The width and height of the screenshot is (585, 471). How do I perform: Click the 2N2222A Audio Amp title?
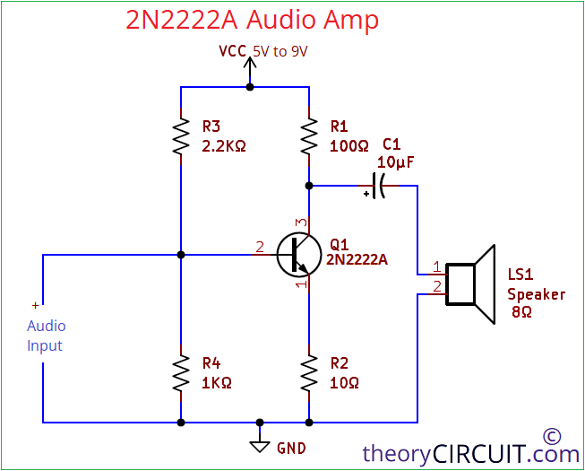[x=252, y=20]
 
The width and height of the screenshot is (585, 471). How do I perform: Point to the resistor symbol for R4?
[x=181, y=371]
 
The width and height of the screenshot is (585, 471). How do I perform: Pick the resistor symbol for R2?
[x=309, y=371]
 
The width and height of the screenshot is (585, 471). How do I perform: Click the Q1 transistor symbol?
[x=297, y=255]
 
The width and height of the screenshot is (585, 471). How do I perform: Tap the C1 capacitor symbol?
[x=380, y=186]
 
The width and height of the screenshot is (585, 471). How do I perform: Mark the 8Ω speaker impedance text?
[x=521, y=312]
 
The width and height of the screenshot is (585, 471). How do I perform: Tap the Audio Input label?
[x=46, y=336]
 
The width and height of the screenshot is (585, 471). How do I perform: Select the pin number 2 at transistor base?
[x=260, y=247]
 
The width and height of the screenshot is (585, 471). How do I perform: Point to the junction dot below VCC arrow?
[x=250, y=87]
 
